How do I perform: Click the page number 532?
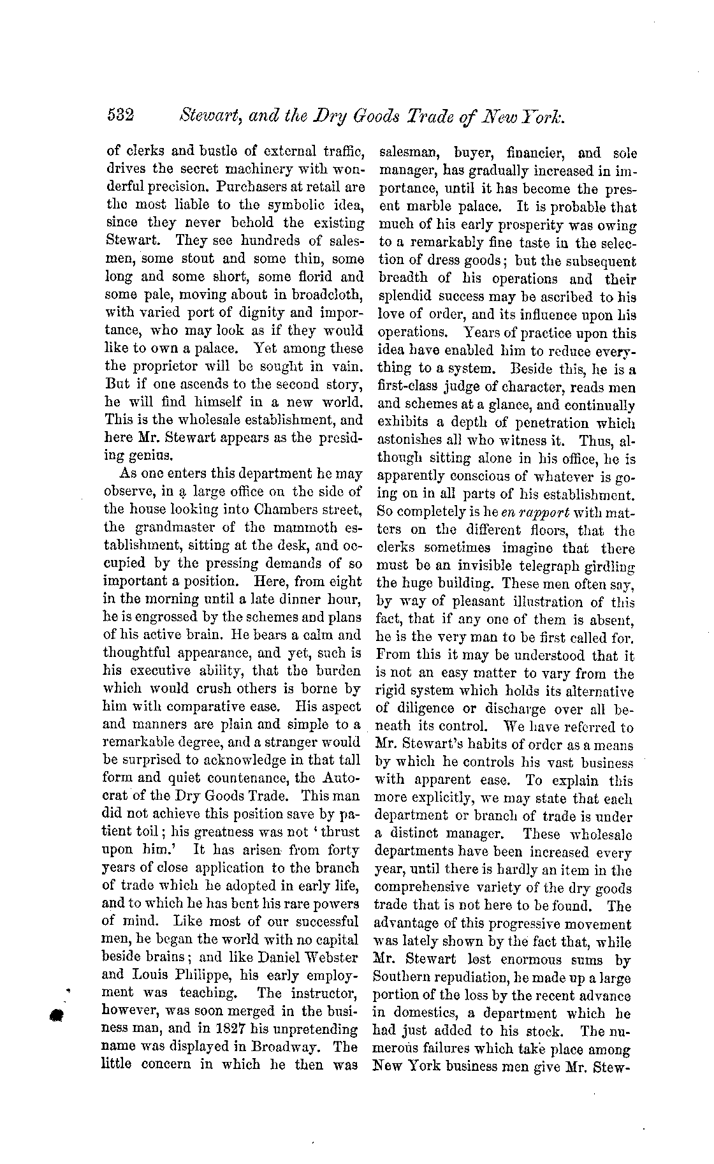click(x=120, y=115)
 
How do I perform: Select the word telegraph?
click(x=547, y=565)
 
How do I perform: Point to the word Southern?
click(x=404, y=977)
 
